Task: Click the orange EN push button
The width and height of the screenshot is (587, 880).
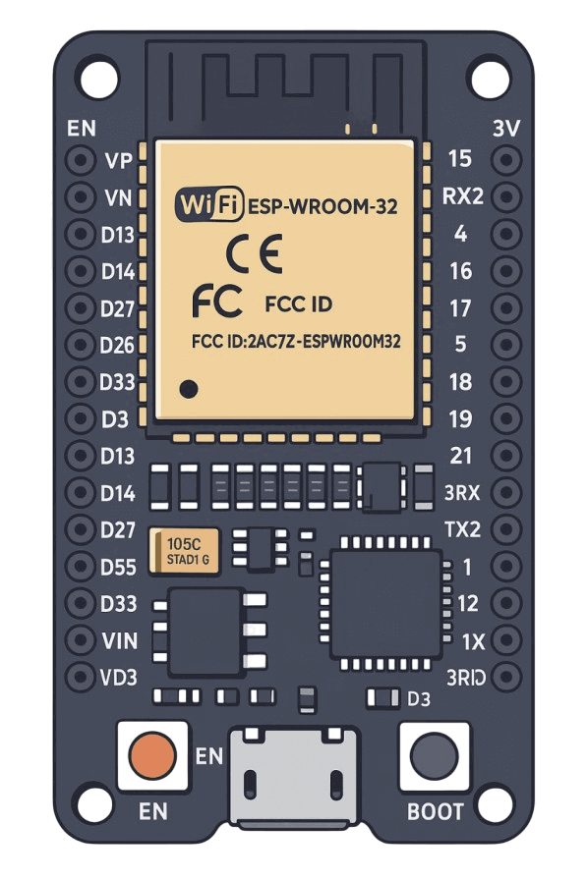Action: click(x=152, y=755)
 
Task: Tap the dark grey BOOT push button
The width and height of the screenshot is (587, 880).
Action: click(x=435, y=755)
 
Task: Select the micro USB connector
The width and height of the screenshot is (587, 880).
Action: click(x=294, y=777)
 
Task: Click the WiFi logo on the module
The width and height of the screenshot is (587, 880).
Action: click(x=209, y=204)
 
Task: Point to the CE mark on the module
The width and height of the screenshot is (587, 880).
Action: click(x=254, y=254)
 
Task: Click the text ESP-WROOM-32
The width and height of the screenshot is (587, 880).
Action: click(x=323, y=206)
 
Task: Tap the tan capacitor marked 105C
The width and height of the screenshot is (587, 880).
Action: click(x=184, y=551)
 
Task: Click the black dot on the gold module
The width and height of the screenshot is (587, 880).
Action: click(x=188, y=389)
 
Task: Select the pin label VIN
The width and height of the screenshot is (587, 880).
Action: click(x=120, y=640)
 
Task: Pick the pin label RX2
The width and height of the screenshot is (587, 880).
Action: click(x=463, y=196)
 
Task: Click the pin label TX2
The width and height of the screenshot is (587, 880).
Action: click(x=462, y=529)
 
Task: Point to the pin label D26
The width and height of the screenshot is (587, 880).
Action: click(x=117, y=345)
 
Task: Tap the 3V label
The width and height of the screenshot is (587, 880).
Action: click(x=506, y=129)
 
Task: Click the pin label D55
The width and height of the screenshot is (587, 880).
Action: click(x=118, y=567)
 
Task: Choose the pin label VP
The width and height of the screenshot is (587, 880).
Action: click(x=119, y=161)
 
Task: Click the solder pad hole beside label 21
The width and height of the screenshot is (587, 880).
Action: click(x=506, y=455)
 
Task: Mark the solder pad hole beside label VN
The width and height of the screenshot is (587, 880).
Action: click(x=81, y=197)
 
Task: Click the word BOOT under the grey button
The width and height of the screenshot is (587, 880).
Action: click(x=436, y=811)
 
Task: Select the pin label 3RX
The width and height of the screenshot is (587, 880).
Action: click(x=462, y=493)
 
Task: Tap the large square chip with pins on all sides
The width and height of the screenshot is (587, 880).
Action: click(x=385, y=603)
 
